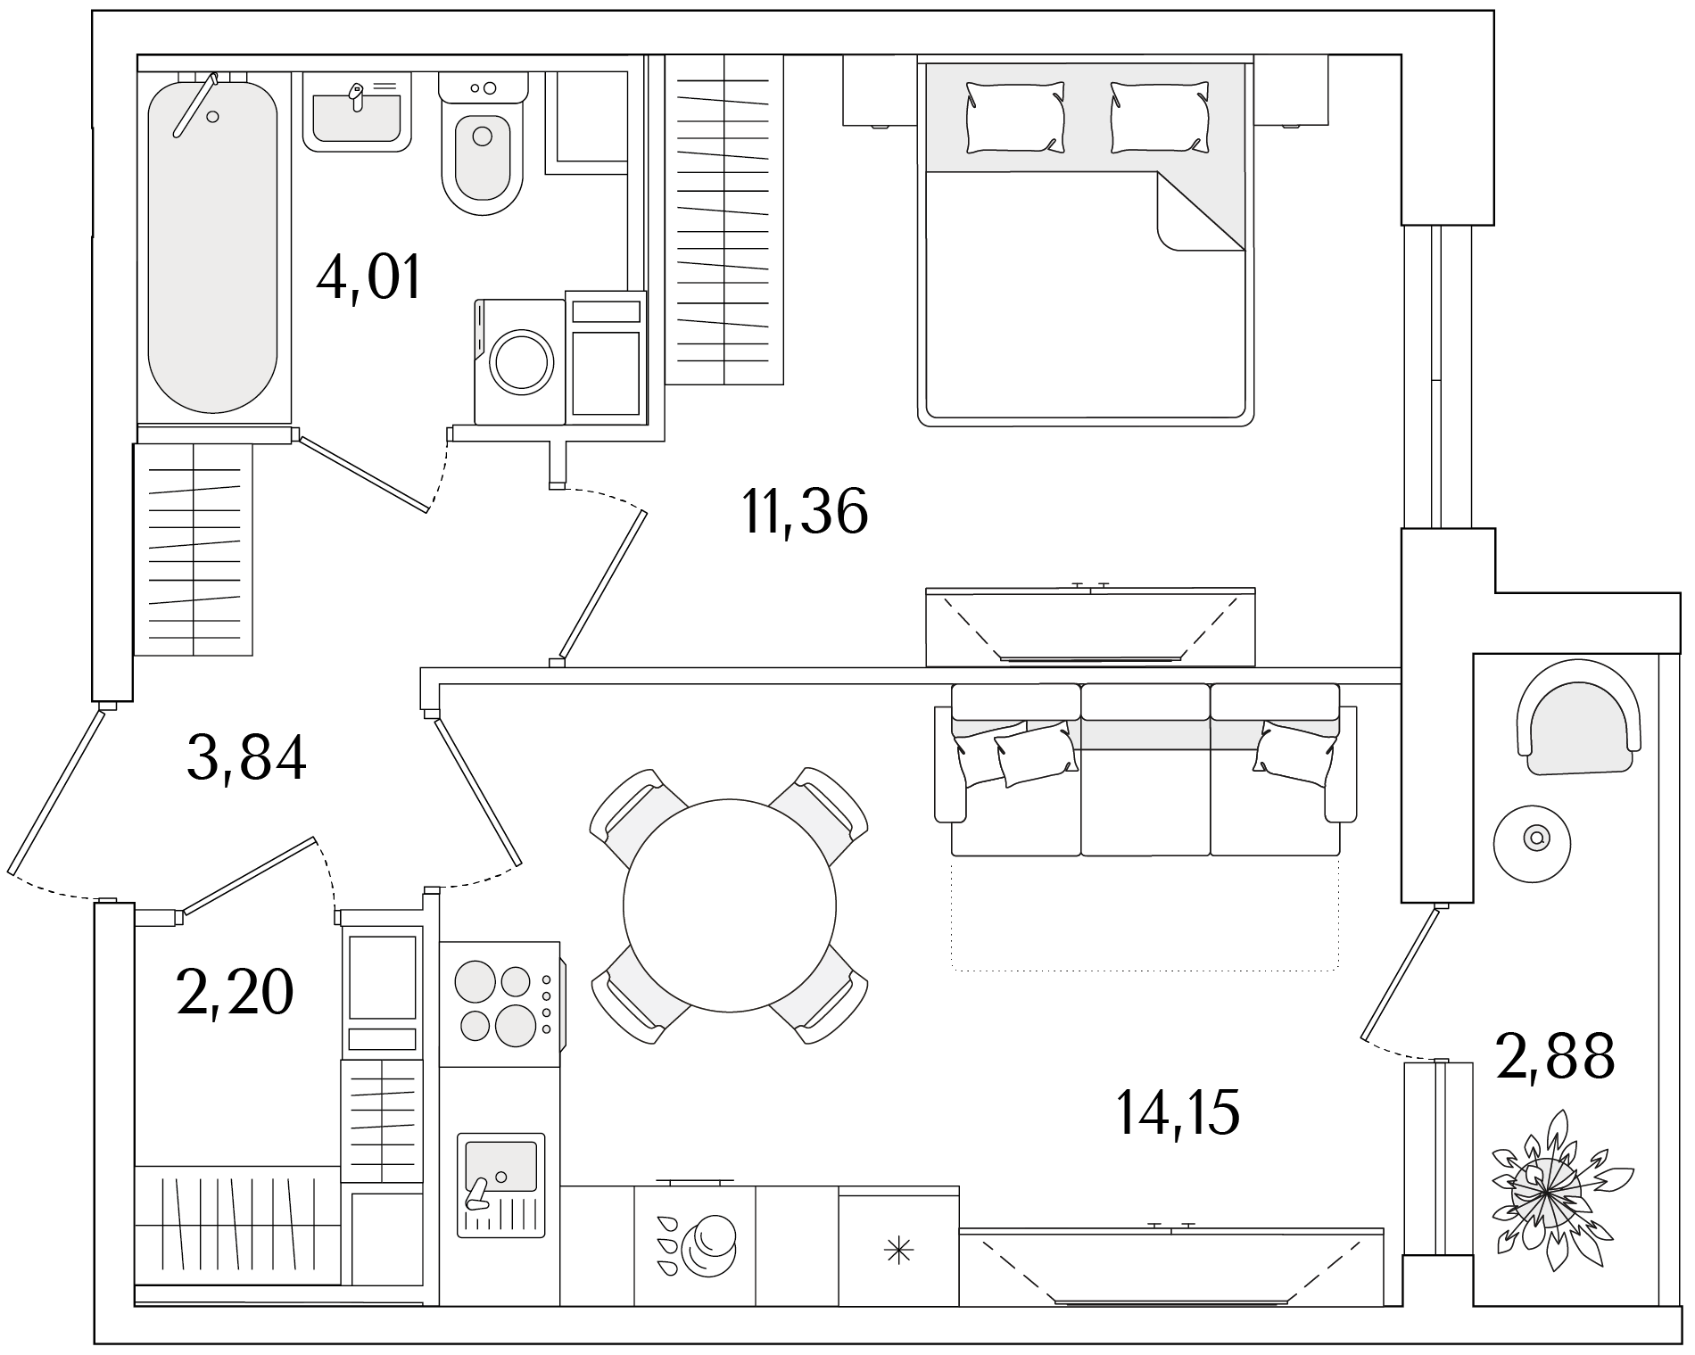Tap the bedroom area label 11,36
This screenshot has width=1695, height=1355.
[805, 512]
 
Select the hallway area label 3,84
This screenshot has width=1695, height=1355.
[247, 757]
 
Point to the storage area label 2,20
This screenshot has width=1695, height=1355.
[236, 992]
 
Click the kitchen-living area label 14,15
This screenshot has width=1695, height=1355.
[1178, 1112]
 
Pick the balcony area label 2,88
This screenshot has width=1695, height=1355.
[1556, 1055]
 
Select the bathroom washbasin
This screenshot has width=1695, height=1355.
[357, 111]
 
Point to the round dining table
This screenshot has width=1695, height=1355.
[730, 905]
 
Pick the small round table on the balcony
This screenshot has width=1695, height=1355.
[1533, 838]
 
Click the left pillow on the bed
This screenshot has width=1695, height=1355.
[1015, 117]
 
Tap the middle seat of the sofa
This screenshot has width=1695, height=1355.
[1145, 770]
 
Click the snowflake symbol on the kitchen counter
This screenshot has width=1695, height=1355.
[898, 1252]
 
